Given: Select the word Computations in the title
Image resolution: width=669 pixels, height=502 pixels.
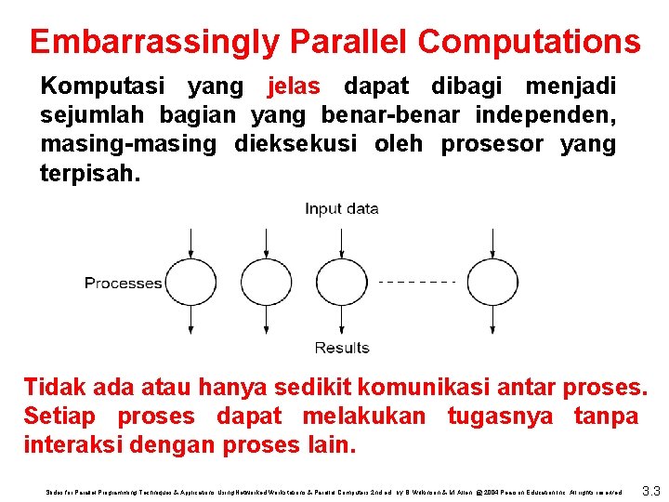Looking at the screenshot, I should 529,42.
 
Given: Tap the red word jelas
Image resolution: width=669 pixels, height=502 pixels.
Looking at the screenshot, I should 294,87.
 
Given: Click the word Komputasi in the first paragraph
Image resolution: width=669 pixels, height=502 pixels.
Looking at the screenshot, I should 103,87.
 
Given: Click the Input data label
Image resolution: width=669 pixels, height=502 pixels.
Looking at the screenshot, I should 341,209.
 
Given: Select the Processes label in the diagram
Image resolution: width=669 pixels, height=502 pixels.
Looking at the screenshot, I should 124,283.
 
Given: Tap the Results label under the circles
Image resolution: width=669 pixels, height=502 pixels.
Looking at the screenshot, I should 341,348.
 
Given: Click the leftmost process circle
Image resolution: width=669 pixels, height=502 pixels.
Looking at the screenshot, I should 191,283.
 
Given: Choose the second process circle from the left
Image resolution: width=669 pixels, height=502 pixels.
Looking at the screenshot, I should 267,283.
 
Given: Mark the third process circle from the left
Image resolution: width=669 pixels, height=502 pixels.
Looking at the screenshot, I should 341,283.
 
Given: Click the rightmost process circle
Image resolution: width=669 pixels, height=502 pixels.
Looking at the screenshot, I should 492,283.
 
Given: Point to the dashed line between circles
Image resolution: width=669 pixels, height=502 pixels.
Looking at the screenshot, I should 417,282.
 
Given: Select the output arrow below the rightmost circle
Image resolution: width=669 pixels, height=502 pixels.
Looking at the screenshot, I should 492,322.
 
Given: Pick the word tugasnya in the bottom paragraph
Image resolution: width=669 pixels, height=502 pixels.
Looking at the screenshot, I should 503,416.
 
